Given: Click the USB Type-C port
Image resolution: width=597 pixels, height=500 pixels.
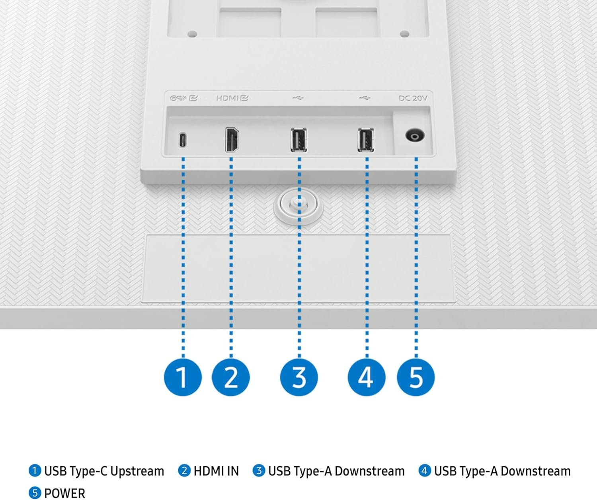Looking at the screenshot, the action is (x=182, y=140).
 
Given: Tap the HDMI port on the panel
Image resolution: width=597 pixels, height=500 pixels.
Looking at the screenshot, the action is (x=232, y=140).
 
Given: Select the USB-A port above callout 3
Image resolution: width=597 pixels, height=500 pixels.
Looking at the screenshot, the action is (x=298, y=140).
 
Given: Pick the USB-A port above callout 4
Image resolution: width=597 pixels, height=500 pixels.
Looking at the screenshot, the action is (x=366, y=140).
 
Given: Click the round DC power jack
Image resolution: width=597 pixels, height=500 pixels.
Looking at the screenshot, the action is (x=415, y=136).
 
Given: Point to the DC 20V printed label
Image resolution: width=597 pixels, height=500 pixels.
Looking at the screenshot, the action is (x=413, y=98).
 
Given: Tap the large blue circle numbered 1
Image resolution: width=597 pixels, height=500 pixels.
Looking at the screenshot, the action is (x=183, y=377).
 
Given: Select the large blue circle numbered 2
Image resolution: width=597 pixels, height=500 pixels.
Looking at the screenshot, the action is (x=231, y=377).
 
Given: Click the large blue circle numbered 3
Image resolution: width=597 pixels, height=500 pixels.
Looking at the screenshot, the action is (x=299, y=377).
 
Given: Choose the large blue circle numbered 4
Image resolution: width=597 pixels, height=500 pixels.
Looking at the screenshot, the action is (x=367, y=377).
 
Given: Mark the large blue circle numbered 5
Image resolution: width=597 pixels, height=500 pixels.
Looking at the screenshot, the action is (x=416, y=377).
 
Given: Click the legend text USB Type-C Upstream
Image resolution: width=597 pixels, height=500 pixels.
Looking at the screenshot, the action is (x=104, y=471).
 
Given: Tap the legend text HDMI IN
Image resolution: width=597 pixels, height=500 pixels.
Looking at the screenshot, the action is (x=216, y=471).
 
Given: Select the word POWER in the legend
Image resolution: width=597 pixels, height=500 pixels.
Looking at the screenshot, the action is (x=64, y=493).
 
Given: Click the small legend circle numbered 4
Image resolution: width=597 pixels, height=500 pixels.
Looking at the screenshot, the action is (x=425, y=471).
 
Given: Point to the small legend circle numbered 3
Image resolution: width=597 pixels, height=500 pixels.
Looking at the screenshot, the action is (x=259, y=471).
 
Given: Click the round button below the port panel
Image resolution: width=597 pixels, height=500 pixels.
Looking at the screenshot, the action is (x=298, y=205).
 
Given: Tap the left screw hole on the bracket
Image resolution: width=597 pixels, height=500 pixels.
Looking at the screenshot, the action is (x=192, y=34).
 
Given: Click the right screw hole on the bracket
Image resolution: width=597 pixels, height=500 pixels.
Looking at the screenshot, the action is (x=404, y=34).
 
